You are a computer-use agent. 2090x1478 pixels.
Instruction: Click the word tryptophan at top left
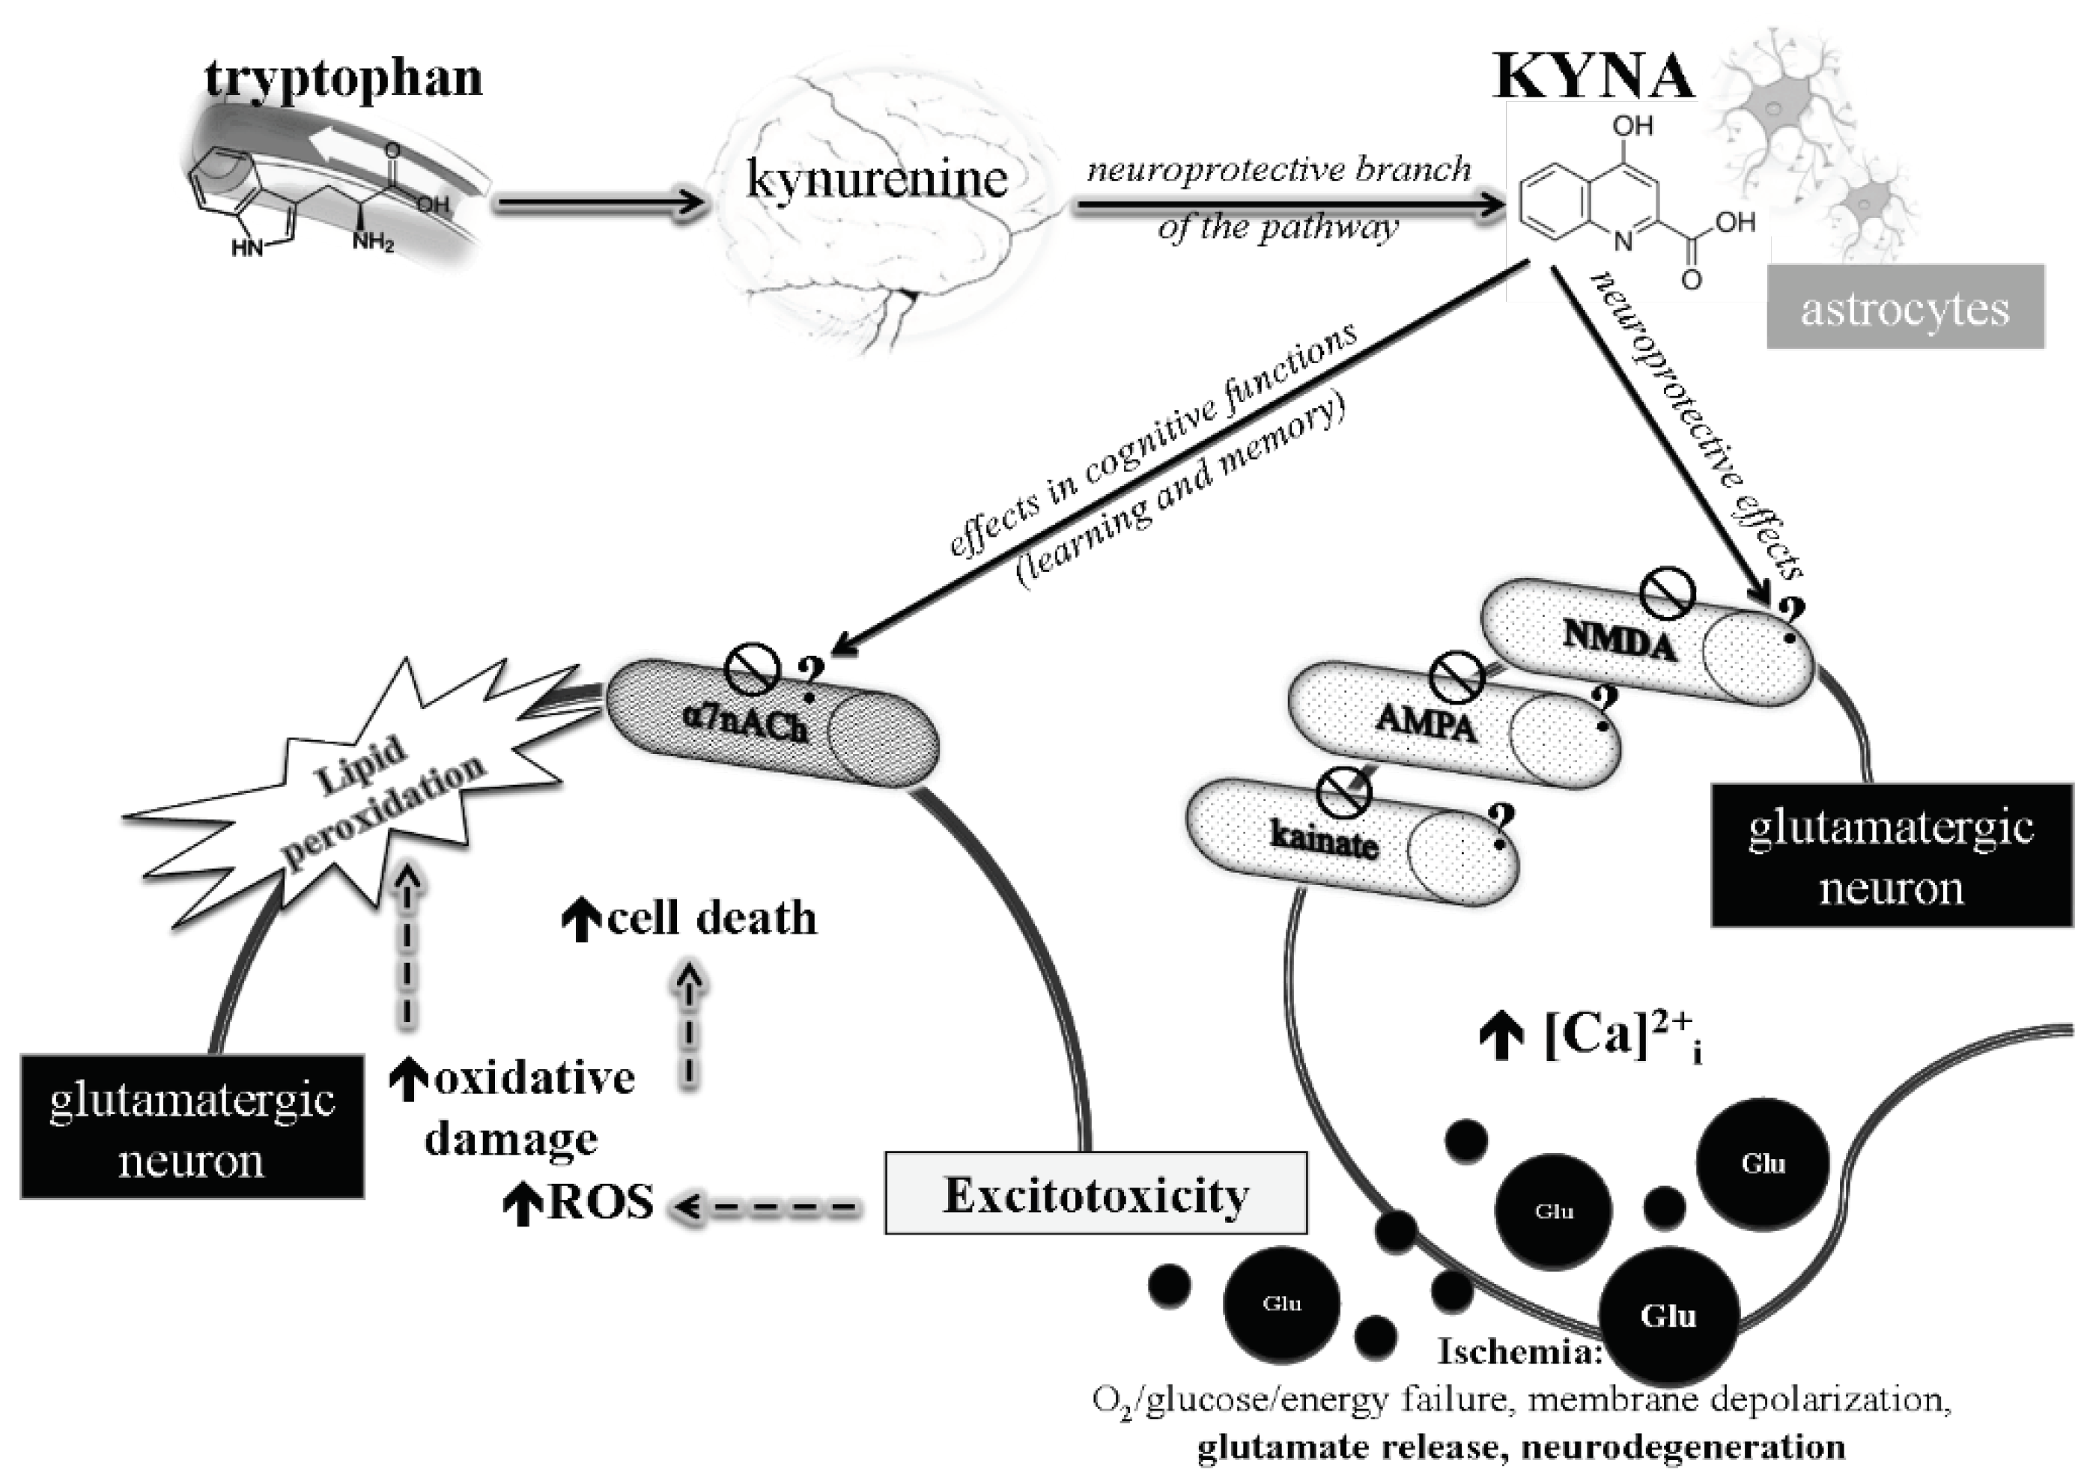(x=343, y=76)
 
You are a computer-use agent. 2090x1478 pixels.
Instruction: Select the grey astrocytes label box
(x=1904, y=308)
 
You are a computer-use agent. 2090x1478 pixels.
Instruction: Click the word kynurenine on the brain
(x=877, y=177)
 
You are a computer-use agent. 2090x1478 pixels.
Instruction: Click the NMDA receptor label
(x=1618, y=642)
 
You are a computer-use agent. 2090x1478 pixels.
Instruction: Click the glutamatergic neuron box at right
(x=1891, y=857)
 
